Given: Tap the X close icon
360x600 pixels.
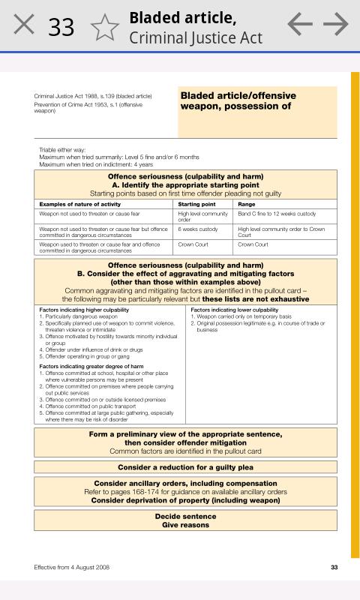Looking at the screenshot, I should click(x=24, y=25).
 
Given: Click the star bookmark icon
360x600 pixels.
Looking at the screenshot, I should click(x=105, y=27).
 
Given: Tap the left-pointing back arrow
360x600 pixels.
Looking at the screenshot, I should click(x=300, y=25).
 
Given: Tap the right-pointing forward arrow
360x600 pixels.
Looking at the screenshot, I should click(x=337, y=25).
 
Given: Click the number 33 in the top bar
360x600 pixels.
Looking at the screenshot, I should click(x=61, y=27).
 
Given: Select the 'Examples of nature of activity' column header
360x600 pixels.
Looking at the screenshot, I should click(x=80, y=204).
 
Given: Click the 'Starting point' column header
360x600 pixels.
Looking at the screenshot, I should click(x=196, y=204).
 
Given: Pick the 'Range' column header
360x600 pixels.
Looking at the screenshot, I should click(x=247, y=204).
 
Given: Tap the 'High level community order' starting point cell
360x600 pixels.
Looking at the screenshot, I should click(x=202, y=217).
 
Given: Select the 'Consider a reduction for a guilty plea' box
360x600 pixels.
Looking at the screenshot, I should click(x=185, y=467).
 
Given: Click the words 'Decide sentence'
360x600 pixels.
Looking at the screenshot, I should click(x=185, y=516).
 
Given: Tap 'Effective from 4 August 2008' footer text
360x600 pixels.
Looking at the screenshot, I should click(x=72, y=567).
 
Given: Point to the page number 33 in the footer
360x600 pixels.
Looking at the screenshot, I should click(x=334, y=567).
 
